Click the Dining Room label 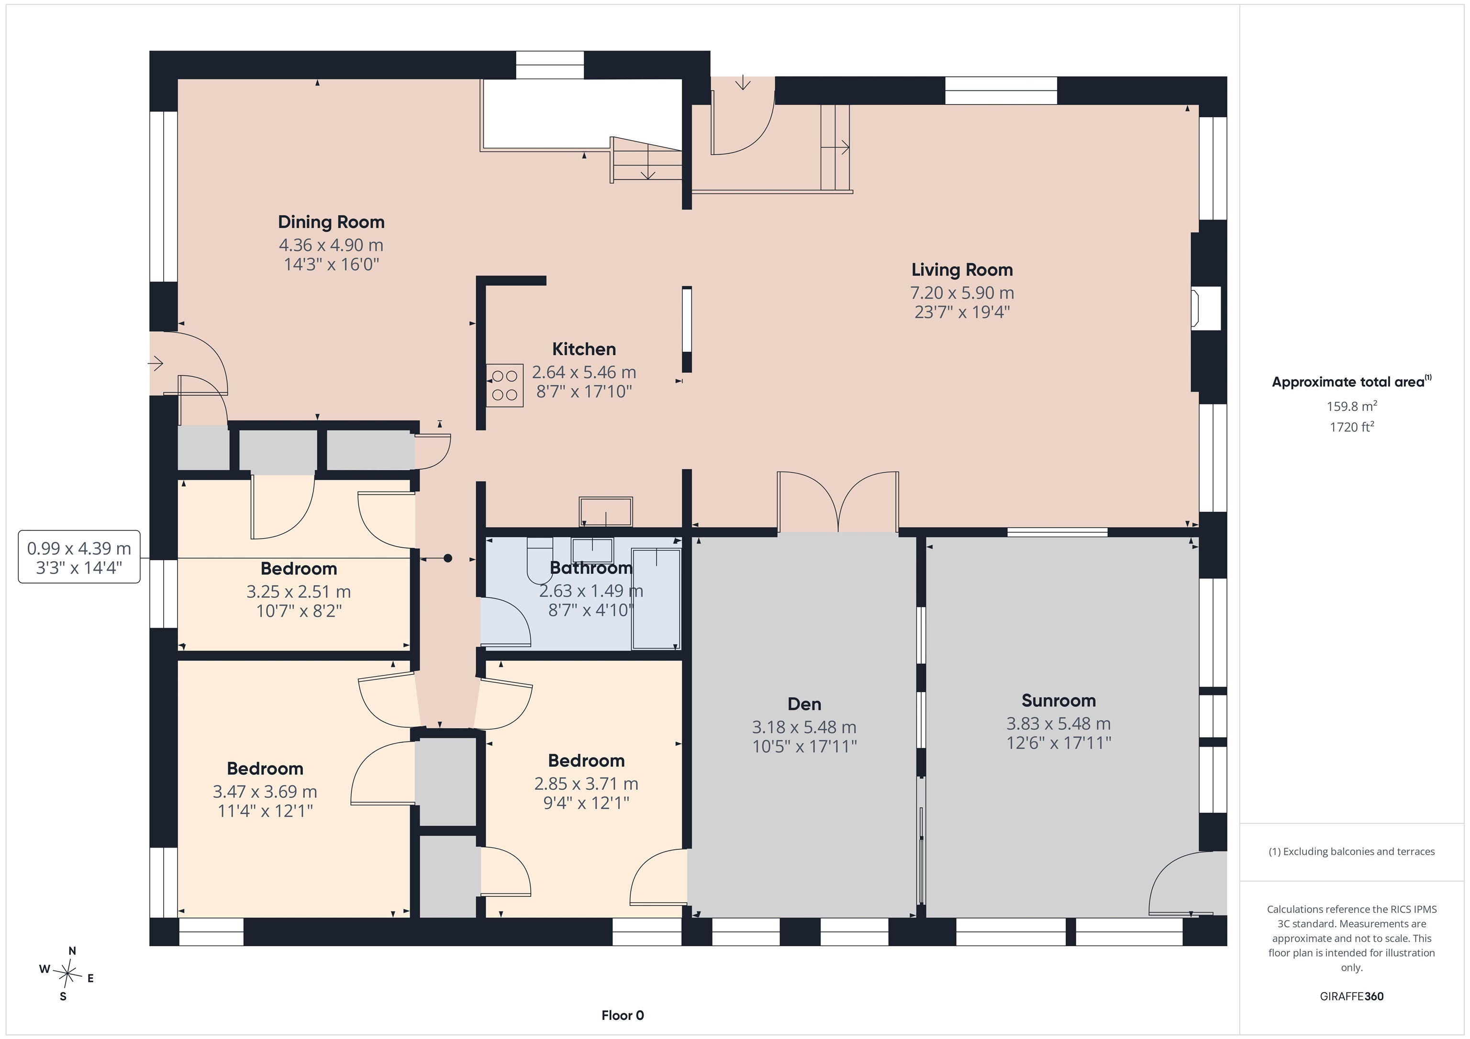click(331, 222)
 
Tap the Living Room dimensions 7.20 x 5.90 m click(962, 293)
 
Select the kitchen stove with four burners click(504, 386)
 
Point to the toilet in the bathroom click(539, 560)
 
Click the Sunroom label click(1058, 701)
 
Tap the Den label click(804, 704)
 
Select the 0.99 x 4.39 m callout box click(79, 557)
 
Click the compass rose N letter click(72, 951)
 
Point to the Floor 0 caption click(623, 1015)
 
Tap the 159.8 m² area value click(1351, 406)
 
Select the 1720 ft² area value click(1351, 426)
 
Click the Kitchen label click(584, 350)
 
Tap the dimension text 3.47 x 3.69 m click(265, 792)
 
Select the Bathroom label click(591, 568)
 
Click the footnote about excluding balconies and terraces click(1351, 851)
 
